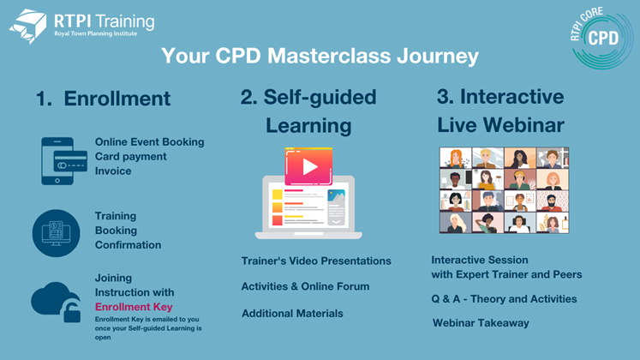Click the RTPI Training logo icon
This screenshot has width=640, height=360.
tap(27, 26)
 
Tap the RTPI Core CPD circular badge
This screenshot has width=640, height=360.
tap(601, 38)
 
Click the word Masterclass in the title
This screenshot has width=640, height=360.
tap(329, 56)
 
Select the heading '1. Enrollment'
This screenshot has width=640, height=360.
tap(104, 99)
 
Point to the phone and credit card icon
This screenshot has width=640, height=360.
tap(64, 161)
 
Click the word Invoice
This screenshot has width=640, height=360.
tap(113, 171)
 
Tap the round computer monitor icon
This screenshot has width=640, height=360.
tap(57, 233)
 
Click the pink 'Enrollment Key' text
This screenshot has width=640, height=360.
tap(134, 307)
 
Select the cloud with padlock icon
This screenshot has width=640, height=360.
tap(56, 302)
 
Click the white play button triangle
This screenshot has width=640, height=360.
tap(310, 166)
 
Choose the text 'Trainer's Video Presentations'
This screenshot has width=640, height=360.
tap(316, 261)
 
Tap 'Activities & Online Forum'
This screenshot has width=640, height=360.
tap(305, 286)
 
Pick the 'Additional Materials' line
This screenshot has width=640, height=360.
tap(292, 314)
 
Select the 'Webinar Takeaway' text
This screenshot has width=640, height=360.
tap(481, 323)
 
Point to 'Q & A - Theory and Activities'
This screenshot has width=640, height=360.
tap(504, 299)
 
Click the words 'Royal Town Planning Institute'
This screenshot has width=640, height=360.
tap(95, 34)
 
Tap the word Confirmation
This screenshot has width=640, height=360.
tap(129, 245)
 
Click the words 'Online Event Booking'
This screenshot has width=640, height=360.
tap(149, 142)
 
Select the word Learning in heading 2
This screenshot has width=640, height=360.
tap(308, 126)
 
